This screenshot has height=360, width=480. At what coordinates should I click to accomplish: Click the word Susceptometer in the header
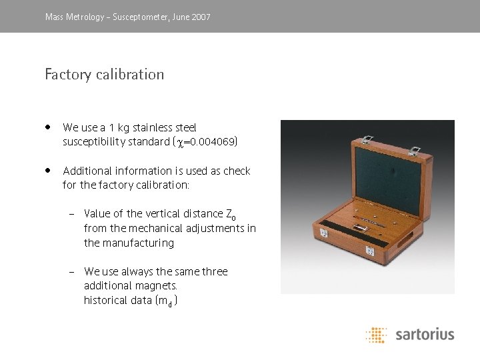[x=141, y=17]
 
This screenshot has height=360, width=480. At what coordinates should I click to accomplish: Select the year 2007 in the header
[x=199, y=17]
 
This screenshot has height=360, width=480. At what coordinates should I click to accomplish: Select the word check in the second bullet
[x=237, y=171]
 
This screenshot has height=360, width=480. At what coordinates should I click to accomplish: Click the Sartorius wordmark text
[x=425, y=334]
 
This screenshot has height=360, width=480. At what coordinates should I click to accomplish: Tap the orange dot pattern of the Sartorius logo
[x=377, y=334]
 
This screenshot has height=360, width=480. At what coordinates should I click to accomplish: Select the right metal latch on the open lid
[x=414, y=152]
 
